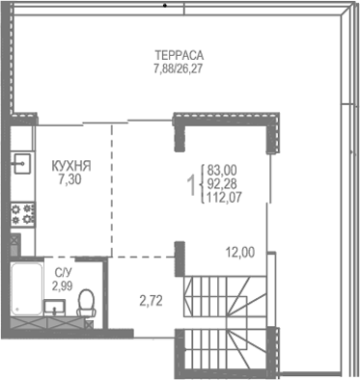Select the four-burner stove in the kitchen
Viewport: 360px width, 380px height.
(x=21, y=209)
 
